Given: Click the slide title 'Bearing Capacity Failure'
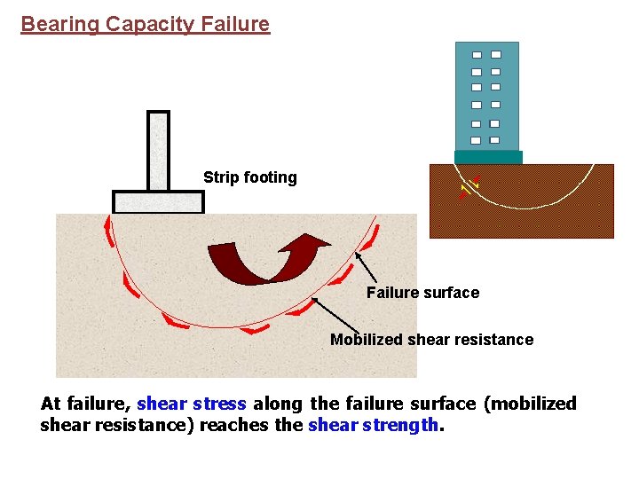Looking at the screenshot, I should [x=145, y=24].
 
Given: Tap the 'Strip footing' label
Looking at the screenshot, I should [x=249, y=177].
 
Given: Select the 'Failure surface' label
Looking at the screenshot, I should [x=422, y=293].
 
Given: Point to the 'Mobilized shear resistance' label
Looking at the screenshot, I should [x=431, y=340].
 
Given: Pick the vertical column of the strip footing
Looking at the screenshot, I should [x=158, y=151].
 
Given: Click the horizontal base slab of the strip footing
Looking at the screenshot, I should [x=158, y=202].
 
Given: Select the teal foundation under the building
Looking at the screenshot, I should [x=487, y=158].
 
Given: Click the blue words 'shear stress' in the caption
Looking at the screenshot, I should [x=192, y=404].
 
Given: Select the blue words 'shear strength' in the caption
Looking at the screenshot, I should [x=373, y=425].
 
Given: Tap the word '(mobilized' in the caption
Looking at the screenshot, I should [x=530, y=404].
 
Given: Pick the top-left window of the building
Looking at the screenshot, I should [x=477, y=55].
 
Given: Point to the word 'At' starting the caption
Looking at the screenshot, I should [x=51, y=404].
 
